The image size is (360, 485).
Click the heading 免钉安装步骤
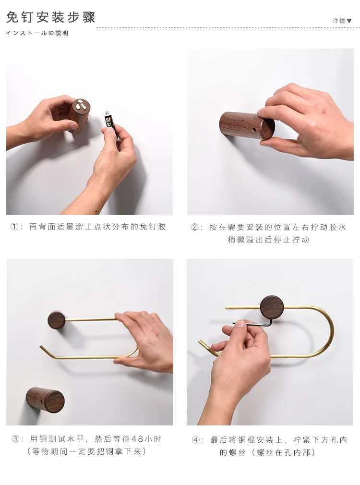[x=51, y=18]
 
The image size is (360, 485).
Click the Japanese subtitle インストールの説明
[x=37, y=33]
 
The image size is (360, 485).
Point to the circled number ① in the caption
[x=15, y=227]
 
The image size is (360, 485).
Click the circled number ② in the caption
[x=195, y=227]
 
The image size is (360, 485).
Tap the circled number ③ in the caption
[x=15, y=439]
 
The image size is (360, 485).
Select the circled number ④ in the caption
[x=196, y=439]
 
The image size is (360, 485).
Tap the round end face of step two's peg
[x=267, y=128]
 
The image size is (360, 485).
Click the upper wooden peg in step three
[x=56, y=320]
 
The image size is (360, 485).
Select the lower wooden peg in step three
[x=45, y=400]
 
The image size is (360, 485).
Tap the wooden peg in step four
[x=272, y=307]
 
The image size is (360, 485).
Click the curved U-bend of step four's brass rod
[x=328, y=331]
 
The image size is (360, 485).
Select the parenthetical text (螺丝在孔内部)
[x=283, y=452]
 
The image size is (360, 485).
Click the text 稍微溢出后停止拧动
[x=268, y=240]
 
